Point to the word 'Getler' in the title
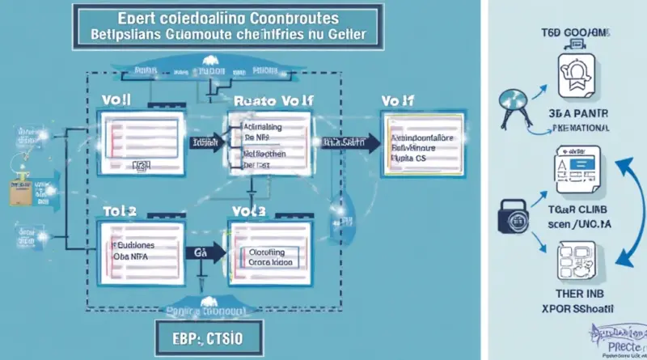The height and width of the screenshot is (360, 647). [343, 36]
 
